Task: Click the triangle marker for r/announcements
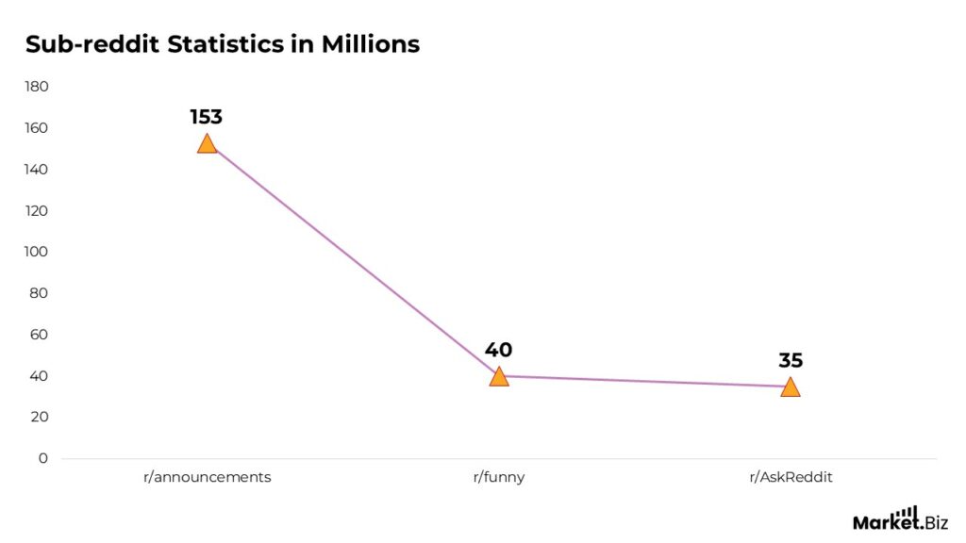[x=207, y=144]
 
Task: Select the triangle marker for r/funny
[x=498, y=377]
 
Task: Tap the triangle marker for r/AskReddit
[x=790, y=387]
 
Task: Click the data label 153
[x=206, y=117]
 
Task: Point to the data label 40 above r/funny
[x=498, y=350]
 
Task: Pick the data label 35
[x=790, y=360]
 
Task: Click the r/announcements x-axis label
[x=207, y=477]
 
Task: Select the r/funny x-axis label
[x=498, y=477]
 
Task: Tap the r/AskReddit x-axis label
[x=791, y=477]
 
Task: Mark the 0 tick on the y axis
[x=42, y=458]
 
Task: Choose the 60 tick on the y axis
[x=39, y=335]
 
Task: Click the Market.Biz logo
[x=900, y=518]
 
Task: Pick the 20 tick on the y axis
[x=39, y=417]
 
